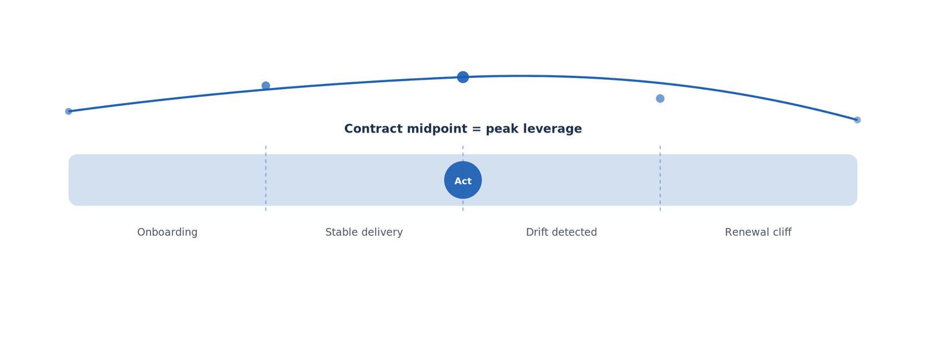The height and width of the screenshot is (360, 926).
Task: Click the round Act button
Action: [462, 180]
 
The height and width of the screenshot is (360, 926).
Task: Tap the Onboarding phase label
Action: [167, 232]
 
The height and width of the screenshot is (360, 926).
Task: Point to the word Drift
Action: [536, 232]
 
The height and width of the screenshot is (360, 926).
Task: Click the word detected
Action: [574, 232]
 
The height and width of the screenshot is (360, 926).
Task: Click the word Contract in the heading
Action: [374, 129]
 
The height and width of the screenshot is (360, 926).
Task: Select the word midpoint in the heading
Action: [438, 130]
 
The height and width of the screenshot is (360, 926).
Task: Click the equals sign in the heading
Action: [477, 130]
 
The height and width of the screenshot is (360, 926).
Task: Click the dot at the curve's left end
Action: [69, 111]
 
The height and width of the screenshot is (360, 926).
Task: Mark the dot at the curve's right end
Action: [857, 120]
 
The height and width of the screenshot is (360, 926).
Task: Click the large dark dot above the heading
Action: [463, 77]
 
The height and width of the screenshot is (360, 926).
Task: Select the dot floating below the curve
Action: [660, 98]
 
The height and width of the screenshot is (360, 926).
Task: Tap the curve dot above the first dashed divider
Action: [266, 86]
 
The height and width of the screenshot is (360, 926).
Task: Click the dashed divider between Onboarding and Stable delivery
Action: [266, 178]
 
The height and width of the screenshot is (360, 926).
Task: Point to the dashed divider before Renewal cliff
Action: [660, 178]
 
